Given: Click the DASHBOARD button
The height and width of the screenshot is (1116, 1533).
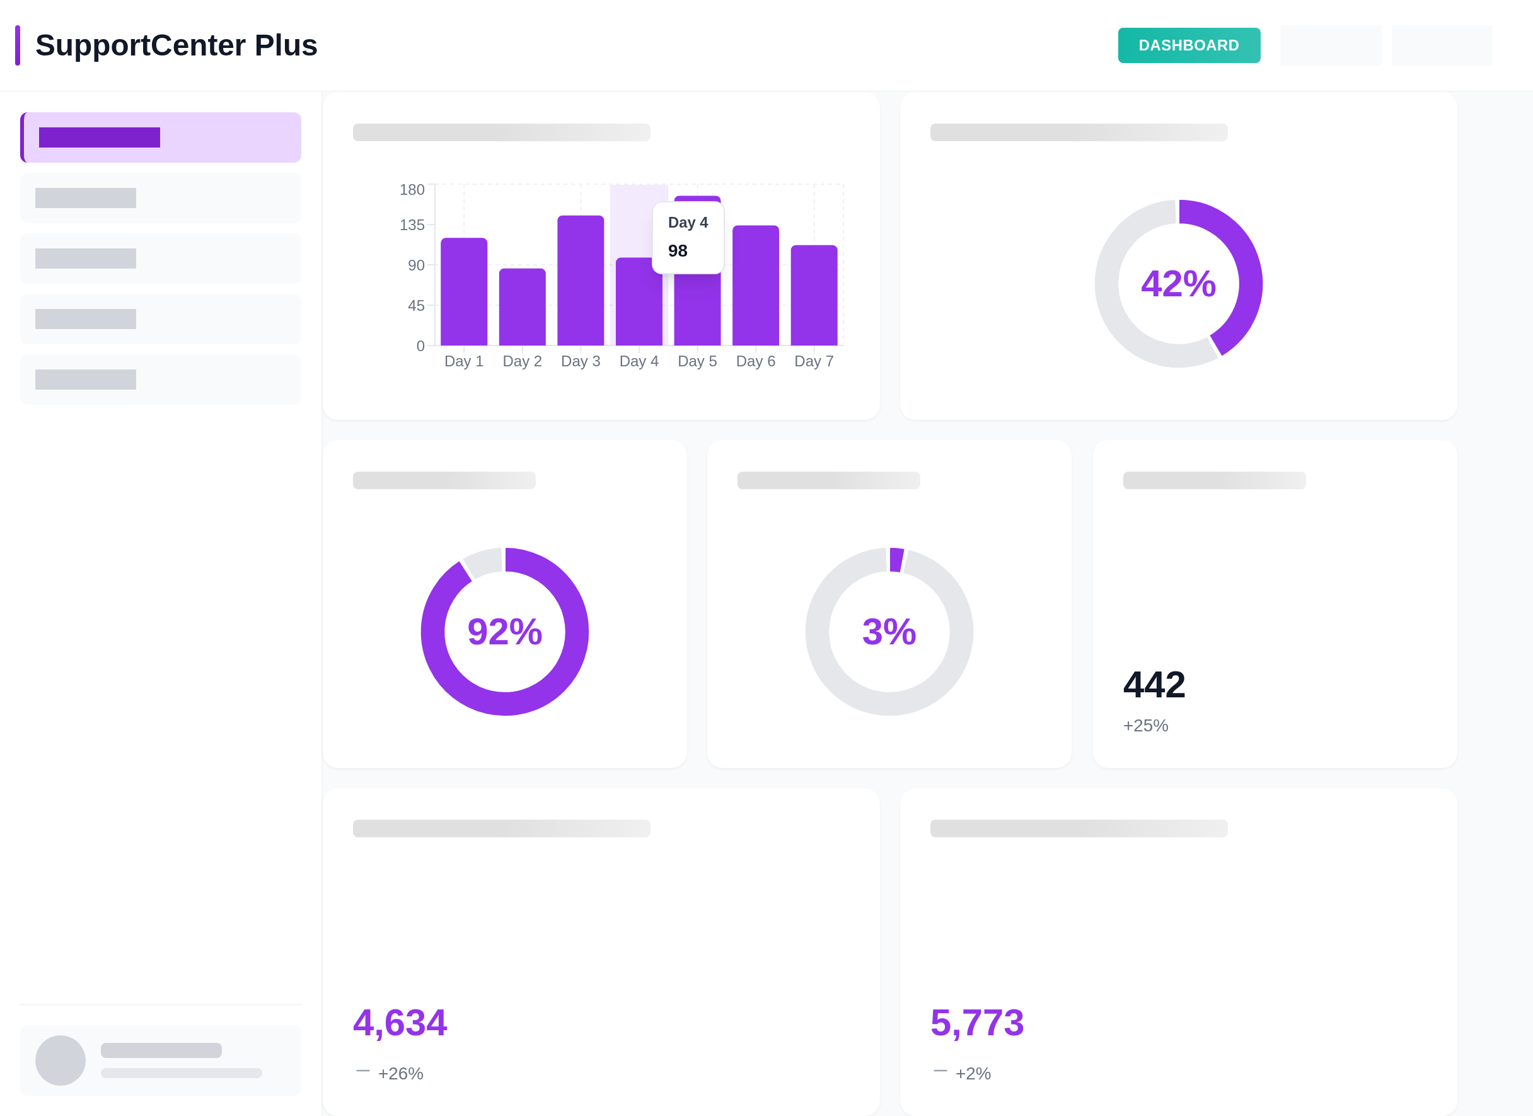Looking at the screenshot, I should pos(1188,45).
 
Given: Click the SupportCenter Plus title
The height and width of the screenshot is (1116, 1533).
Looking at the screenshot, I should pos(176,45).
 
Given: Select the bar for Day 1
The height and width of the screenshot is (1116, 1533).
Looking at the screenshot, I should pos(464,291).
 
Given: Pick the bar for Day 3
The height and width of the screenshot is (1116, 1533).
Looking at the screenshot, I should pos(580,281).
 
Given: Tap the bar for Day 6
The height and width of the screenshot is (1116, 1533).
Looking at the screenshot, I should pos(755,285).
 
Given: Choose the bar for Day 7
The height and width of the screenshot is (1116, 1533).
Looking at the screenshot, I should pos(814,295).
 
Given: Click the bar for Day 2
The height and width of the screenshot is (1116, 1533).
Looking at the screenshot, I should pos(522,307).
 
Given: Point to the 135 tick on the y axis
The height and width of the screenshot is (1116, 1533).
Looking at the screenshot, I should pos(412,224).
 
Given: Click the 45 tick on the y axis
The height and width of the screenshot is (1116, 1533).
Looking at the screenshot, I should pos(415,306).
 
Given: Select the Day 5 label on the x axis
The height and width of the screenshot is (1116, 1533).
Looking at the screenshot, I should pos(697,361).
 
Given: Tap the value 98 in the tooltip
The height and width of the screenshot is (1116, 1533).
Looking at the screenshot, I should pos(677,251).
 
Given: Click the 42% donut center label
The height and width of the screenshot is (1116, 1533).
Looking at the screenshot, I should pos(1178,283).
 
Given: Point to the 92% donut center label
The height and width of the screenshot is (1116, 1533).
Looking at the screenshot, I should pos(505,631).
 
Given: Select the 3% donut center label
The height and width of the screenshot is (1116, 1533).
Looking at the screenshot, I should pos(889,631).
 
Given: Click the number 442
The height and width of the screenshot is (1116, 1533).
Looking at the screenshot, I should pos(1154,684).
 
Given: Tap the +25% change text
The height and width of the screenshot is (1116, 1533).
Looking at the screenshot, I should pos(1145,725).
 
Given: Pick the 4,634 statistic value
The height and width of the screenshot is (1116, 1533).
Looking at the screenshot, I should pos(400,1022).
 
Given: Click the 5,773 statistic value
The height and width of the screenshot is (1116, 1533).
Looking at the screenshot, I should pos(976,1022).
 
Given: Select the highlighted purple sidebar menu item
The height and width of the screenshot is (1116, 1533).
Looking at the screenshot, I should pos(161,137).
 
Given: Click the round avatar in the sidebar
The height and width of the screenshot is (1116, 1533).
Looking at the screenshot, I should pos(60,1060).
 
